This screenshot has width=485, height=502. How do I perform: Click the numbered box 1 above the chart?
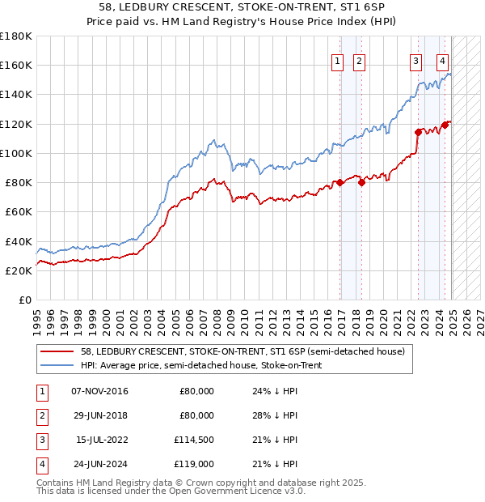coord(335,59)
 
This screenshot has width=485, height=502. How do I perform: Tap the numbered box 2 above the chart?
coord(358,59)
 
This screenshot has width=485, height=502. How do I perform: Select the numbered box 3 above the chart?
coord(415,59)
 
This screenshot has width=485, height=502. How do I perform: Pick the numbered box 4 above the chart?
coord(443,59)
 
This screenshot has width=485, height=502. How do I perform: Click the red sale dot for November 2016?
coord(340,182)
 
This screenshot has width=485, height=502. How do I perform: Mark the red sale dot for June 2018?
coord(362,182)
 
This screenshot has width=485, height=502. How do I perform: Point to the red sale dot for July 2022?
coord(418,132)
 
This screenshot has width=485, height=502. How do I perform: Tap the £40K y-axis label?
coord(19,241)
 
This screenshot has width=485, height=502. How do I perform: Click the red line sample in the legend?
coord(58,351)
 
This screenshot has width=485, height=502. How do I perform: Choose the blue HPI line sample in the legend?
coord(58,364)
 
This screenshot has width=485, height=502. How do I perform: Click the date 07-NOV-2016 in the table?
coord(100,391)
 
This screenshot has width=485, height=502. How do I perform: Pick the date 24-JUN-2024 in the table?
coord(100,464)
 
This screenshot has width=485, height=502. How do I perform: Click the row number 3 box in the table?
coord(40,440)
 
